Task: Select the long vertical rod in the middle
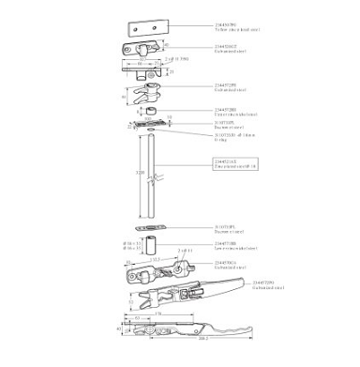click(x=143, y=178)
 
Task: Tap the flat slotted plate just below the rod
click(x=143, y=227)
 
